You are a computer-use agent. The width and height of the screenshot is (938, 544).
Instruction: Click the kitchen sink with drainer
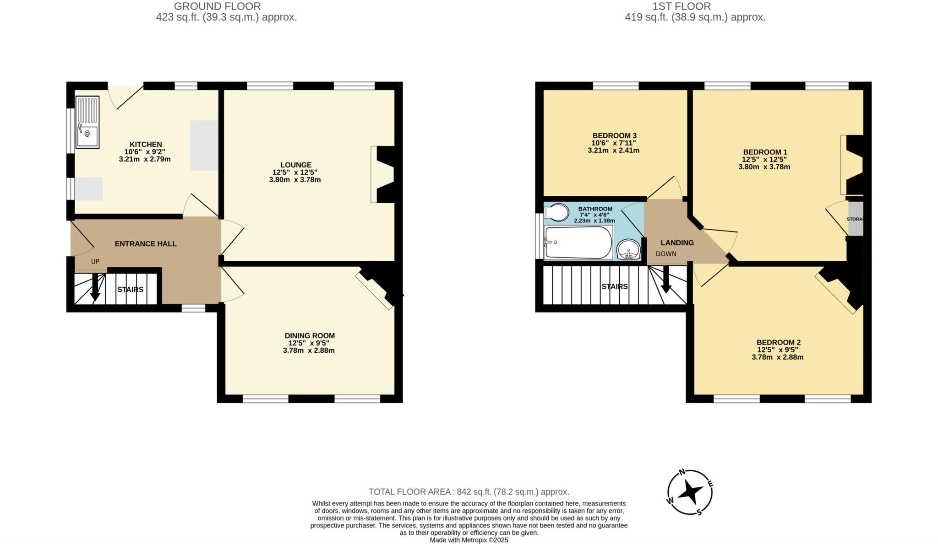pos(87,122)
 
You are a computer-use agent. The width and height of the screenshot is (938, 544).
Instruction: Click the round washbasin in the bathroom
pos(628,250)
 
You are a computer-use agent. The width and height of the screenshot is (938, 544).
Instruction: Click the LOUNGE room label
pos(295,165)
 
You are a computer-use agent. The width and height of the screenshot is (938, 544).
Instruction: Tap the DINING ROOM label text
pos(309,336)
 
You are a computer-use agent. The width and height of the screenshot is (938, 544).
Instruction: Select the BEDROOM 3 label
pos(614,136)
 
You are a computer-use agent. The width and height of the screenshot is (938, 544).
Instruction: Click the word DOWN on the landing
pos(665,254)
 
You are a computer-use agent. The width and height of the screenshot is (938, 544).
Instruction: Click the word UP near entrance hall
pos(95,262)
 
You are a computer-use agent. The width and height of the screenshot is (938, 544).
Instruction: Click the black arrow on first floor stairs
pos(666,280)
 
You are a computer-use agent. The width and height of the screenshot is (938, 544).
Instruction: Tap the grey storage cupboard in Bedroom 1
pos(855,219)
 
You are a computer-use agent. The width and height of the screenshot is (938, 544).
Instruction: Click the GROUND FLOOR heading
pos(217,6)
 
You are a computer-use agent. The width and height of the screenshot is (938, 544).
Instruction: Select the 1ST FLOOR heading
pos(682,6)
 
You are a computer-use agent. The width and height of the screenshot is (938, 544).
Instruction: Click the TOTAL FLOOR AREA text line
pos(469,492)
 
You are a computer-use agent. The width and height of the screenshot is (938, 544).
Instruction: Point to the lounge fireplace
pos(384,174)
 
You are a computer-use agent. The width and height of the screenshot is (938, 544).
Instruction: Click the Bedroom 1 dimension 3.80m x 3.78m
pos(764,167)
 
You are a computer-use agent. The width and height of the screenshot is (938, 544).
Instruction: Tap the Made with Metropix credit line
pos(469,540)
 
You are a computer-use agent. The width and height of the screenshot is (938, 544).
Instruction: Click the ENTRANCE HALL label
pos(146,244)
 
